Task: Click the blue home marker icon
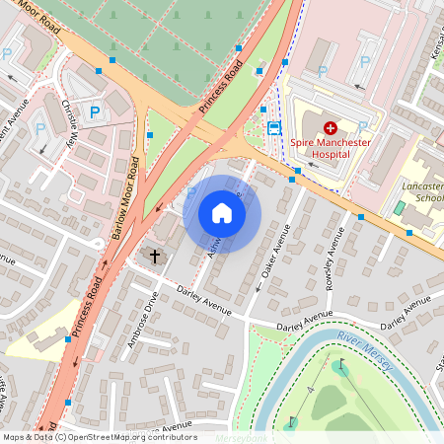coord(222,213)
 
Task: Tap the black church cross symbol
coord(154,257)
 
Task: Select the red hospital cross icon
coord(330,127)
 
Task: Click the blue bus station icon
coord(274,127)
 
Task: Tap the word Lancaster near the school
coord(422,185)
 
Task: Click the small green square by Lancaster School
coord(399,208)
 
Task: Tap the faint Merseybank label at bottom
coord(243,436)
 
